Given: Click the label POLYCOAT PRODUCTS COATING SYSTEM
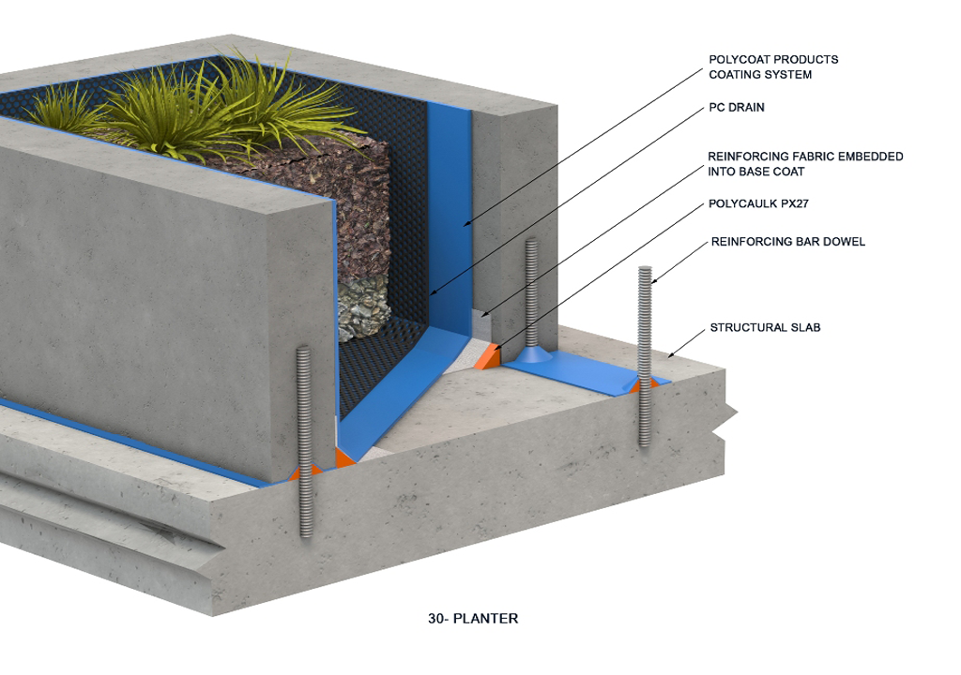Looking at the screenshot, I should (773, 67).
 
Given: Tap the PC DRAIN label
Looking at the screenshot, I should (737, 108).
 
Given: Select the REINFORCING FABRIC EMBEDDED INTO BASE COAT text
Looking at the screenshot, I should (805, 164).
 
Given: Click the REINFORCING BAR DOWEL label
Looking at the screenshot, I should (788, 242).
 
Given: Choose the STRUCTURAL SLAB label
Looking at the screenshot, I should (765, 328).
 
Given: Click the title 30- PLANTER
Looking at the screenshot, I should (473, 619).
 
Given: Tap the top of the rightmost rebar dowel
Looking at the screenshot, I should (645, 273).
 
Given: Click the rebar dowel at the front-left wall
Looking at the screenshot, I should (303, 441).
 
